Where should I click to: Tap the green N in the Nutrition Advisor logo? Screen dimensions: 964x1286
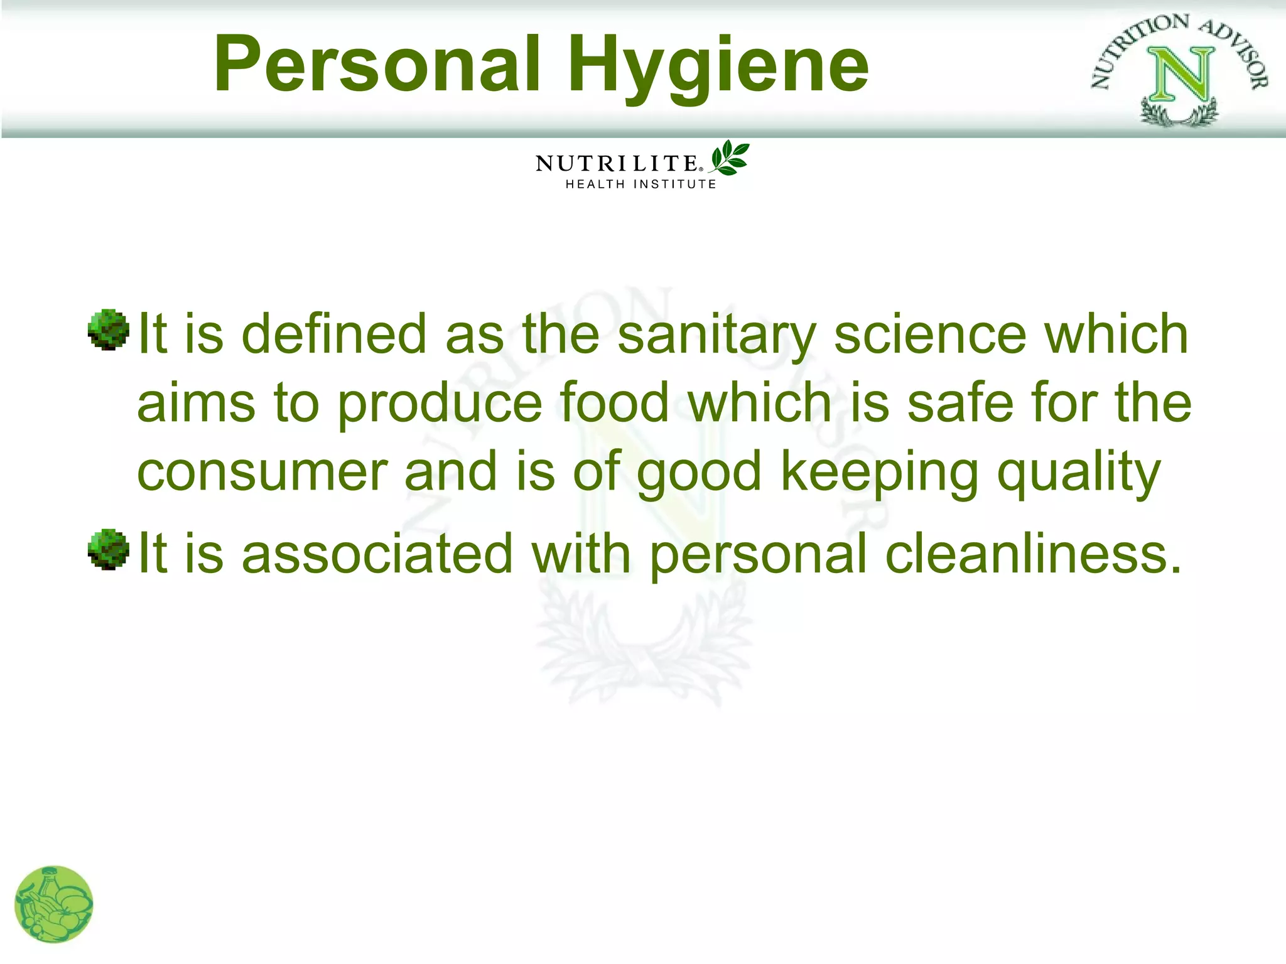click(1181, 75)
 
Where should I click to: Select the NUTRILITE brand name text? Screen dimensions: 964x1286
click(617, 164)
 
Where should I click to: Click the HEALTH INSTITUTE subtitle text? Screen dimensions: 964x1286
click(640, 185)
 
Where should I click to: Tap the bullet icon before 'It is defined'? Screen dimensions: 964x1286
click(108, 329)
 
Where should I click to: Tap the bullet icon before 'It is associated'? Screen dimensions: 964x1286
click(108, 549)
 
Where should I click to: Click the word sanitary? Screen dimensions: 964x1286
click(716, 335)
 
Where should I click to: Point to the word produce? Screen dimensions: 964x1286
click(440, 404)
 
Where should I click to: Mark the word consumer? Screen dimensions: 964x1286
click(262, 472)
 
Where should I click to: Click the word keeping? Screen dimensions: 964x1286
click(880, 472)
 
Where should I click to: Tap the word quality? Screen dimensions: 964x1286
click(1079, 472)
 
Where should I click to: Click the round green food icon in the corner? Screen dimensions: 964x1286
click(54, 904)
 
